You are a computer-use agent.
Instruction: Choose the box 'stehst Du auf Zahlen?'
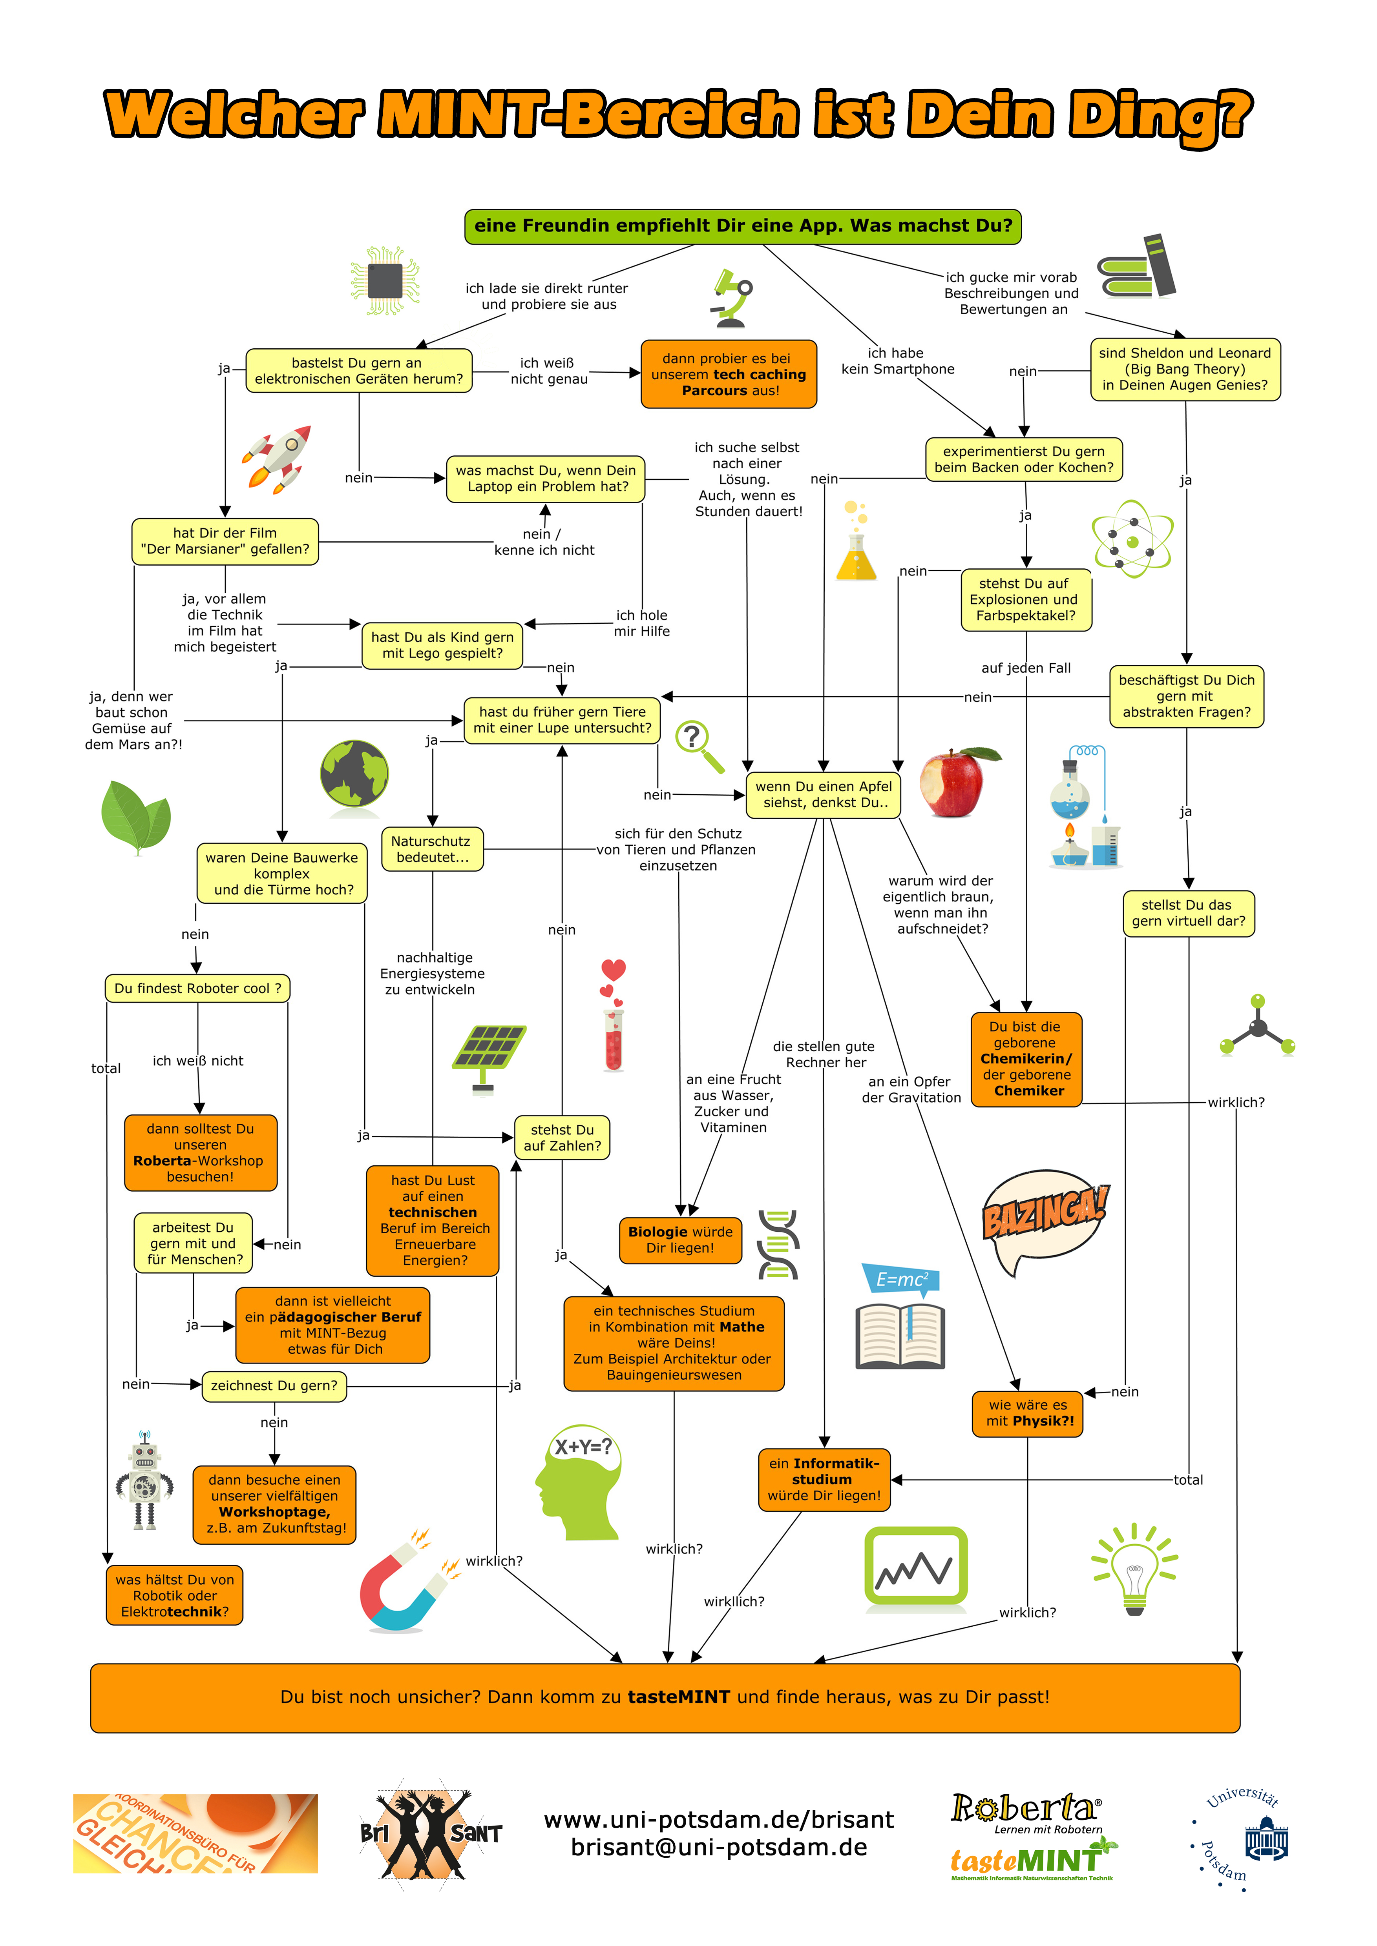(x=562, y=1138)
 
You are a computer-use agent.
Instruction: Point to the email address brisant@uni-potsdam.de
(x=719, y=1848)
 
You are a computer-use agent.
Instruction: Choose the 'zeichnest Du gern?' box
(x=274, y=1386)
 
